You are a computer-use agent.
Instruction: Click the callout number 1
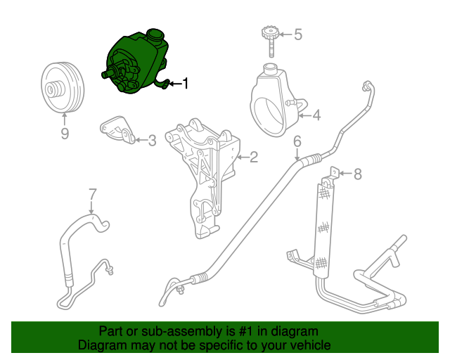pyautogui.click(x=186, y=84)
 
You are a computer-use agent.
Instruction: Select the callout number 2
pyautogui.click(x=254, y=157)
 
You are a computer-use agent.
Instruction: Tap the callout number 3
pyautogui.click(x=151, y=141)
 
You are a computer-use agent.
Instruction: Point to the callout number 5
pyautogui.click(x=297, y=34)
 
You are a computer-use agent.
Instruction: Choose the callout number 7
pyautogui.click(x=91, y=193)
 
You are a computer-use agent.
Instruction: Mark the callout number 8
pyautogui.click(x=357, y=173)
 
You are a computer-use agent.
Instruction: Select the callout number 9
pyautogui.click(x=65, y=133)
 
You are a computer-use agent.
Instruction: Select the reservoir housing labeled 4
pyautogui.click(x=275, y=98)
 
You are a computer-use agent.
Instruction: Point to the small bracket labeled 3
pyautogui.click(x=117, y=131)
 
